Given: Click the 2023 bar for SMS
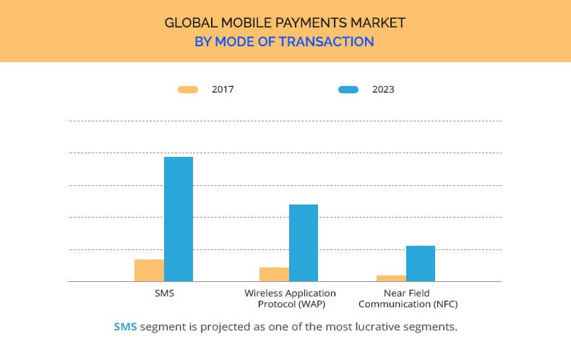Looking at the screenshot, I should tap(179, 219).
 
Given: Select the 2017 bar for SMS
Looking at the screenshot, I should tap(149, 270).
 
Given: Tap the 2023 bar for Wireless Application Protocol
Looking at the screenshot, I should tap(304, 243).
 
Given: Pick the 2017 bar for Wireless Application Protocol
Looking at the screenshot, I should tap(274, 274).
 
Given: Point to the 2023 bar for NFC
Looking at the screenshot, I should tap(421, 263).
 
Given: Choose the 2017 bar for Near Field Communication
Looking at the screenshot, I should tap(391, 278).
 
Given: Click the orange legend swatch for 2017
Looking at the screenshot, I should tap(188, 90).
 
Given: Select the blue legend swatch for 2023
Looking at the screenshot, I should tap(348, 90).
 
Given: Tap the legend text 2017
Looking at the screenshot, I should tap(223, 90).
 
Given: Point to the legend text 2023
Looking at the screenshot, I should tap(383, 90).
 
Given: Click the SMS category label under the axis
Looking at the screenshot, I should tap(164, 293).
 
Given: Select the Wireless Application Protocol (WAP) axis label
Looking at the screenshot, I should tap(290, 299).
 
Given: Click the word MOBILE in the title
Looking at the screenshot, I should tap(244, 22).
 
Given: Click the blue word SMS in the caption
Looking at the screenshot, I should tap(125, 327).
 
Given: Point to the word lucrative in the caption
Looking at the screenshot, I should tap(369, 327).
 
